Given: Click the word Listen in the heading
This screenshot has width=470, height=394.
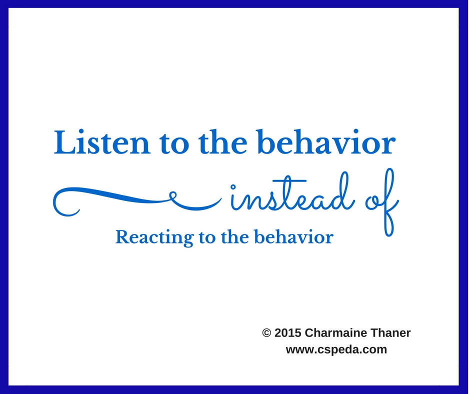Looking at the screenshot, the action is point(102,142).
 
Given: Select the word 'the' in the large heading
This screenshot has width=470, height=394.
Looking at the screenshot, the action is point(223,142).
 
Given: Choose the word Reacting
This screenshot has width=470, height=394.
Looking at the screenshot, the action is point(154,238).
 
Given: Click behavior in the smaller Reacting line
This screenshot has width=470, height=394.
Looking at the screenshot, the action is point(294,237).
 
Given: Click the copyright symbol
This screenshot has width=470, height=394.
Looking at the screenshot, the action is point(266,333).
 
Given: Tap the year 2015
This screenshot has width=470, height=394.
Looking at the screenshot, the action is point(288,333).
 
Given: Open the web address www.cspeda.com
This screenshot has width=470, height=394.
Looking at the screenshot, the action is point(336,349).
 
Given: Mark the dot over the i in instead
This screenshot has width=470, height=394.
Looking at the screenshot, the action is point(233,186).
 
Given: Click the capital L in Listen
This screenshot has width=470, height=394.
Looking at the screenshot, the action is point(64,142).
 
